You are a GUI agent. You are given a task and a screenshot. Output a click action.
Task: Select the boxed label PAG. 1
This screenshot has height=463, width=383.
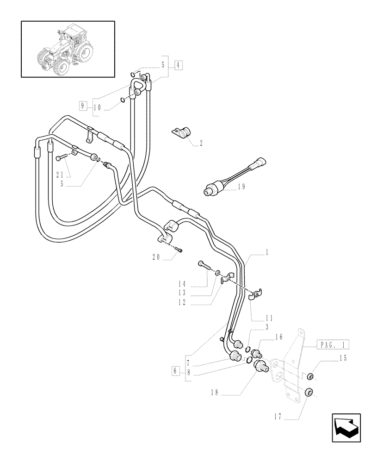[x=333, y=344]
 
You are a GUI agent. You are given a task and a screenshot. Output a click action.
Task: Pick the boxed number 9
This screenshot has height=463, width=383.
[x=83, y=106]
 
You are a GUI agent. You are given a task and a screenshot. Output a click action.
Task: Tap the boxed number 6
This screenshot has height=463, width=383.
[x=175, y=371]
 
